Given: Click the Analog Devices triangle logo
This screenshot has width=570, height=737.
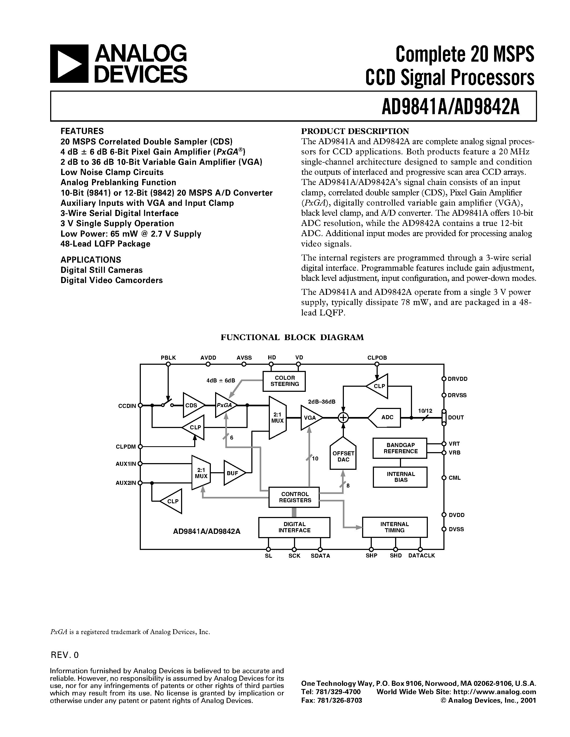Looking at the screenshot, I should [69, 64].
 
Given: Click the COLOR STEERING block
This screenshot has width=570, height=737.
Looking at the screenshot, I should [284, 381].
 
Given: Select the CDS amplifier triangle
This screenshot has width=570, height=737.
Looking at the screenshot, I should [193, 405].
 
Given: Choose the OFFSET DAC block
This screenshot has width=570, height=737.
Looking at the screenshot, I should [343, 455].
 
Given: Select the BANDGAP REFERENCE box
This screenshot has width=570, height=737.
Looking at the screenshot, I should [400, 448].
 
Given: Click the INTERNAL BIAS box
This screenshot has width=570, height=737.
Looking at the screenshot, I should [400, 477].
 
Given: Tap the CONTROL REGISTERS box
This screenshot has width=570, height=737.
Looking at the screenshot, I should [294, 497].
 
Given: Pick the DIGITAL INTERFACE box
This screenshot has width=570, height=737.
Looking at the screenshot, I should [294, 527].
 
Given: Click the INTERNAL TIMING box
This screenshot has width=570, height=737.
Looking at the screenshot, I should [394, 527].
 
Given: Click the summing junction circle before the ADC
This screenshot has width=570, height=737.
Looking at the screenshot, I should [343, 418].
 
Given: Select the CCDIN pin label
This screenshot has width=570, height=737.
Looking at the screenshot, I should [127, 406].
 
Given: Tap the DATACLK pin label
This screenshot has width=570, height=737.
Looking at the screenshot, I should [421, 556].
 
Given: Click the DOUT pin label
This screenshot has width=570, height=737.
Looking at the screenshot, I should [456, 418].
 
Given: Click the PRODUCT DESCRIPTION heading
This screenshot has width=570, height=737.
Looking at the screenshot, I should [355, 131].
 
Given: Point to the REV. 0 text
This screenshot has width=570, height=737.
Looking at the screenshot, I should [64, 655].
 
